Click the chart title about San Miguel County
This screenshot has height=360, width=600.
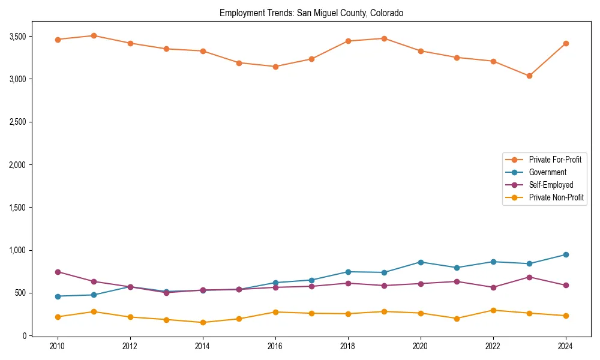(311, 13)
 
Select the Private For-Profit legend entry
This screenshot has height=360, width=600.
(554, 160)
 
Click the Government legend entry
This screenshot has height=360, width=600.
(547, 172)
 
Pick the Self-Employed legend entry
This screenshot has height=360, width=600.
(551, 185)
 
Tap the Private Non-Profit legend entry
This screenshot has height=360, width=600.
(556, 197)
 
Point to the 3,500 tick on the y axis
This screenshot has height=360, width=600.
(18, 37)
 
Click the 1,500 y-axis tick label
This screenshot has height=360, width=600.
(18, 208)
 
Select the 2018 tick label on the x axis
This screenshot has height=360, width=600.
(347, 346)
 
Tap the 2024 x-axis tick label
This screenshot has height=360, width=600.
(565, 346)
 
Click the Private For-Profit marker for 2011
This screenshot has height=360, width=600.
(94, 35)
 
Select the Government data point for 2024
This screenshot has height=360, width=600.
(565, 255)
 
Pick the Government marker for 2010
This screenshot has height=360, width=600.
(58, 296)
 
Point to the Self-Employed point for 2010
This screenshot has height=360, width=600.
(58, 272)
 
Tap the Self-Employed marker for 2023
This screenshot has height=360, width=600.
(529, 277)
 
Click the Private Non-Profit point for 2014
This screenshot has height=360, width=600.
(203, 323)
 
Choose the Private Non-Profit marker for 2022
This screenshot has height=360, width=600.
(493, 310)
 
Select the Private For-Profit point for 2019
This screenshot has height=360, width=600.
(384, 38)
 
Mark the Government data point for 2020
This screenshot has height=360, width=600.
(420, 262)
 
